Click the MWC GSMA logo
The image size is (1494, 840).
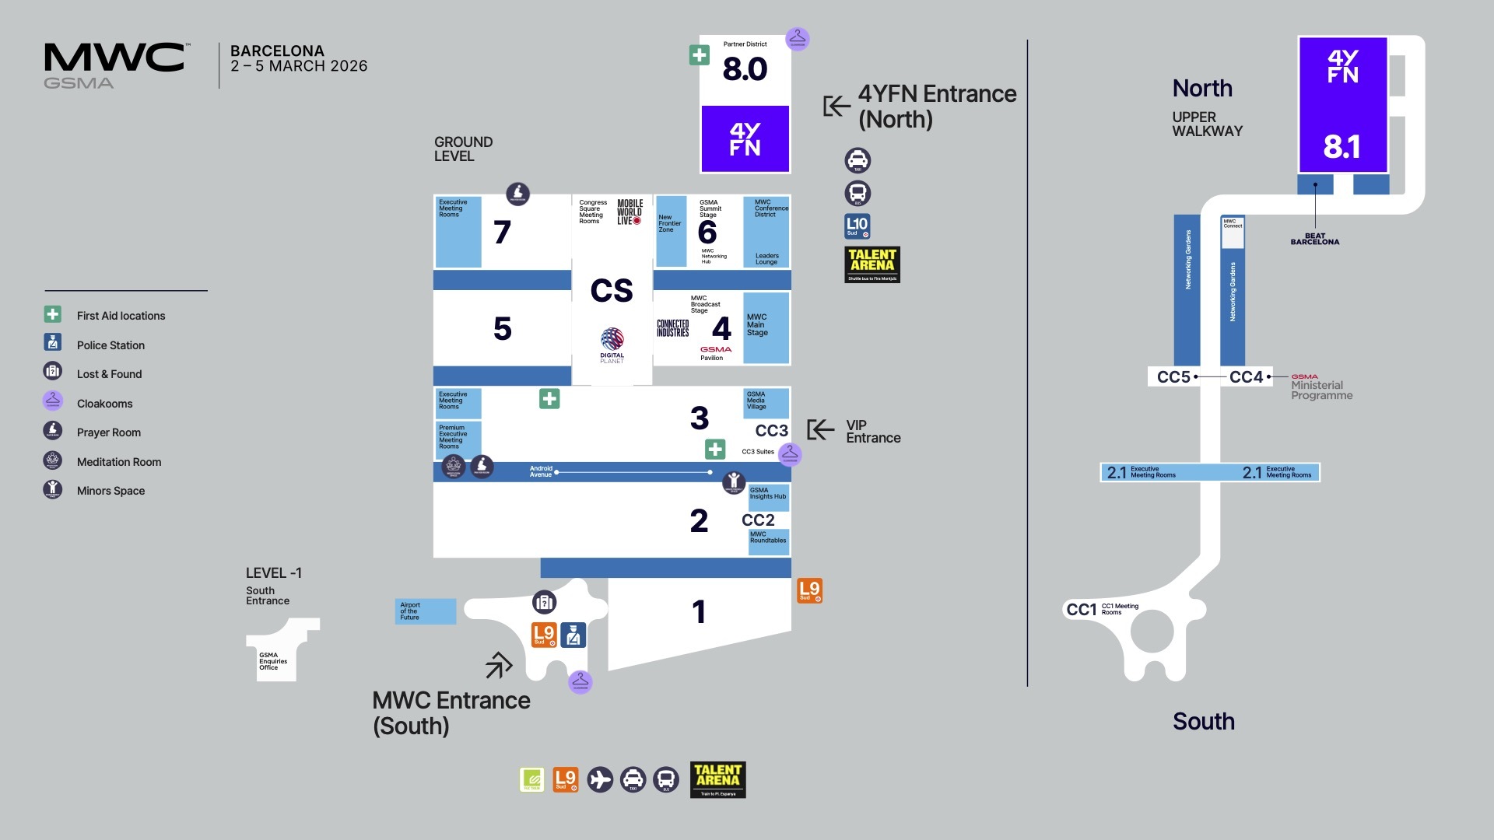(114, 65)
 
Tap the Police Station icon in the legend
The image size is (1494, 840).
(53, 342)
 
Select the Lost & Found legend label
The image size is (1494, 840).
(109, 374)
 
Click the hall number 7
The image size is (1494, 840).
(502, 232)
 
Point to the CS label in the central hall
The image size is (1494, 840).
(612, 291)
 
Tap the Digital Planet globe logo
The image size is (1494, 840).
(612, 339)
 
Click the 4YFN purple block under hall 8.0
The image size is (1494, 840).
(745, 138)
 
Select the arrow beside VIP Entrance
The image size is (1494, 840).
(820, 429)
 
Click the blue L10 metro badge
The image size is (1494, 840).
(857, 226)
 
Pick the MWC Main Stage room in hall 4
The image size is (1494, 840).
(765, 327)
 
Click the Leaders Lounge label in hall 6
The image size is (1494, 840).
(766, 259)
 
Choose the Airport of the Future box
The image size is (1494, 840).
(426, 611)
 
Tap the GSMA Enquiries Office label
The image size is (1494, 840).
(273, 661)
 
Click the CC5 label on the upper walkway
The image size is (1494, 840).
(1173, 377)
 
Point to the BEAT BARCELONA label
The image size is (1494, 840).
(1315, 239)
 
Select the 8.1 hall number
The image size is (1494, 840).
(1342, 147)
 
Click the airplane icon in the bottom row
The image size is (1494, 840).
(600, 779)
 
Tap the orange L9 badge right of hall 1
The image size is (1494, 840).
(809, 590)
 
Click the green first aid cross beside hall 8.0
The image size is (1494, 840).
(699, 55)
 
